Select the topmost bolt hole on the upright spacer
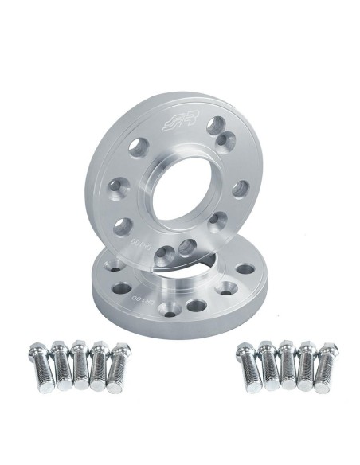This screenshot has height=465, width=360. pos(215,124)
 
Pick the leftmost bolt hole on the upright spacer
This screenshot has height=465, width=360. pos(116,186)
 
